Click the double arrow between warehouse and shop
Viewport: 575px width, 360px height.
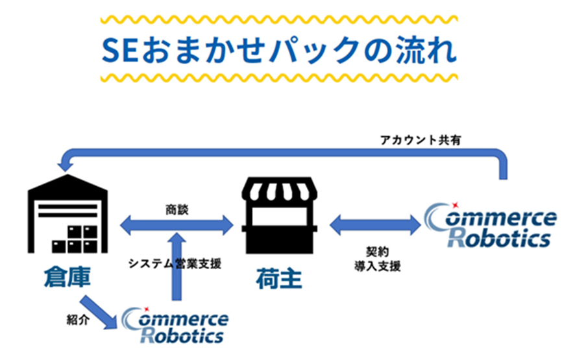(x=176, y=226)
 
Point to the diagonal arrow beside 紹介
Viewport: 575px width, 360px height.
(x=95, y=310)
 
